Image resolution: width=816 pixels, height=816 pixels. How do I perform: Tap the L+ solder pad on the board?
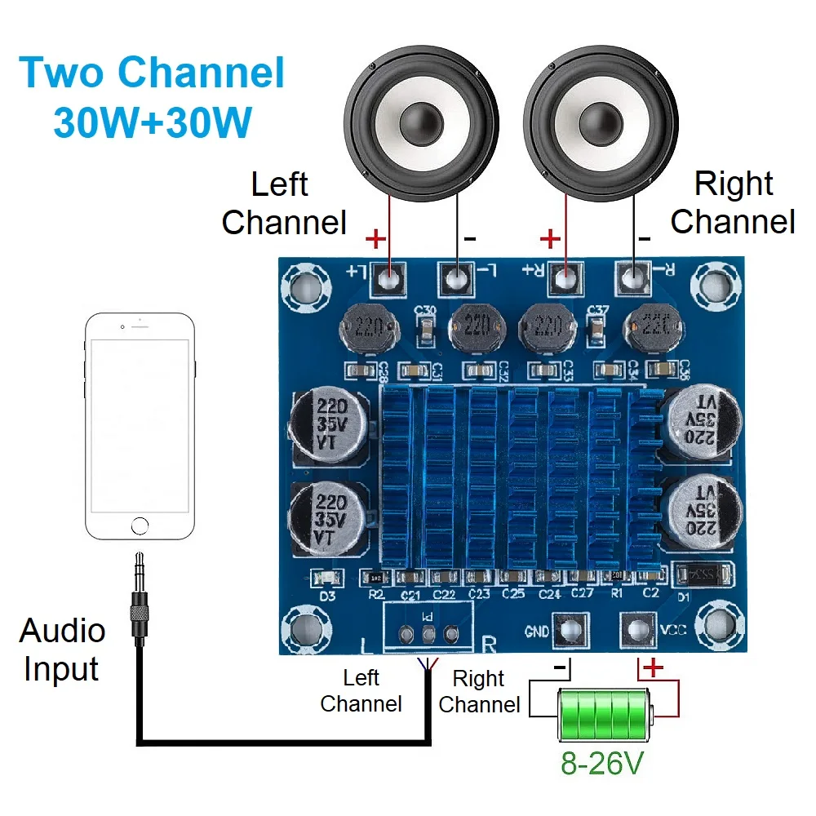click(x=390, y=279)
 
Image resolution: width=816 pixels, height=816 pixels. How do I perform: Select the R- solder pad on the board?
click(x=633, y=279)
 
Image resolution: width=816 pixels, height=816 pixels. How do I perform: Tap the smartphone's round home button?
click(x=141, y=525)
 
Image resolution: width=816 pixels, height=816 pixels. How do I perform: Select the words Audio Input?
click(x=62, y=650)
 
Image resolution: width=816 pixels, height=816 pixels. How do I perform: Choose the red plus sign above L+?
click(x=375, y=240)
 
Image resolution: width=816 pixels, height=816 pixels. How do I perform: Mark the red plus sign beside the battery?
click(x=654, y=670)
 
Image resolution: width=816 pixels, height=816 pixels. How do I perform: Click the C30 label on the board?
click(x=425, y=311)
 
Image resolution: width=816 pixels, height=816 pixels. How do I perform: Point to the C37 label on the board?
click(x=597, y=310)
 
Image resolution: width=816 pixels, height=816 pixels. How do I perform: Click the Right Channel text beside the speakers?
click(x=733, y=202)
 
